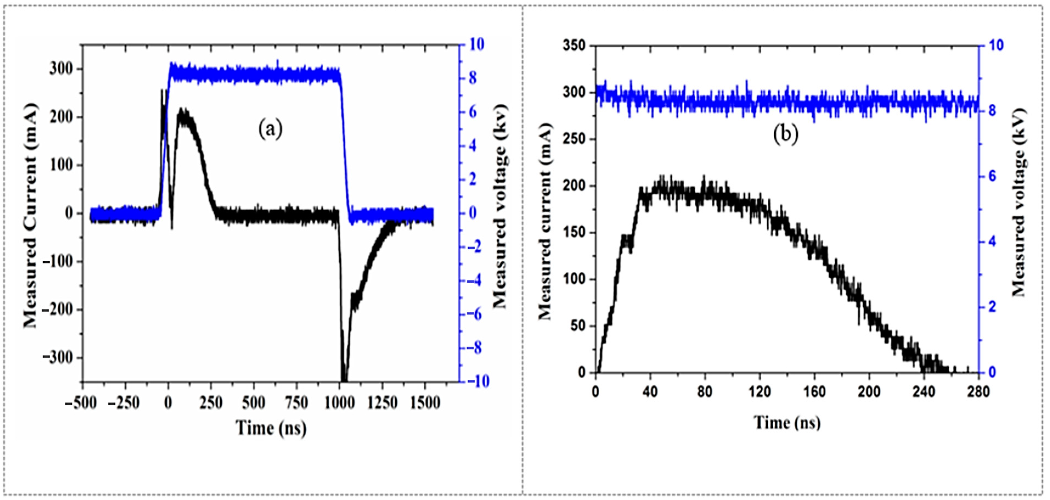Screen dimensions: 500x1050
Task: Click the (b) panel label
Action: (786, 135)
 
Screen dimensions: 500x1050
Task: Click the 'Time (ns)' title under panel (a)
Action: (271, 428)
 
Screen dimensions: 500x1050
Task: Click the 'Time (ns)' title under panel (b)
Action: (787, 423)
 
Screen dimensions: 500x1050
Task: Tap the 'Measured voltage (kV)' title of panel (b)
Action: (1018, 203)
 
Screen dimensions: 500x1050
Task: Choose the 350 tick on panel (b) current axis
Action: (574, 46)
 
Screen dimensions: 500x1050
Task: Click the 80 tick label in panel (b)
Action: (704, 392)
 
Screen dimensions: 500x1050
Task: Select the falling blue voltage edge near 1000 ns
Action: (345, 143)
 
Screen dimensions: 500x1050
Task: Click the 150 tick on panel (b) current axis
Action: (574, 233)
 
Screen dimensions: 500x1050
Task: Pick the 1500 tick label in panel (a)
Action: (425, 403)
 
